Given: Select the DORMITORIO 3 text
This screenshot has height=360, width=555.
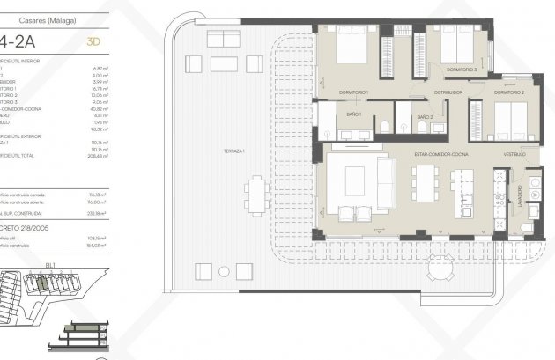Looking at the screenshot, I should coord(461,70).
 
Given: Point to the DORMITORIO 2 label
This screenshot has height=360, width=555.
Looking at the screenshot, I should coord(509,92).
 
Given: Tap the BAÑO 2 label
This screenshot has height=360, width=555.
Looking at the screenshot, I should coord(425,116).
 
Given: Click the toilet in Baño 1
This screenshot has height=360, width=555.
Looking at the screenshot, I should coord(386,129).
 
